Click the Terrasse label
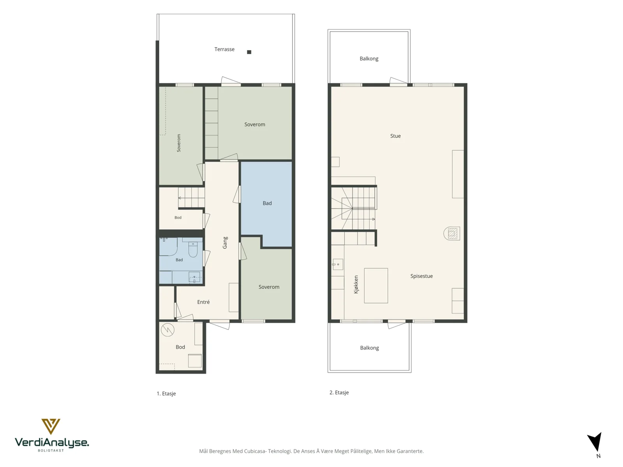[224, 49]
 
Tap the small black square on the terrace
[249, 52]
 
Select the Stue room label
[395, 136]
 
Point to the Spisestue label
[421, 276]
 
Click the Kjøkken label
[356, 284]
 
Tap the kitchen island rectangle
[376, 286]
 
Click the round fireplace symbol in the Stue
[452, 233]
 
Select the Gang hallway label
[225, 243]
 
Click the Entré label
[203, 302]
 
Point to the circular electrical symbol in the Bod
[167, 330]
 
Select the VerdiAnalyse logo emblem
[51, 427]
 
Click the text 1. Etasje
[166, 393]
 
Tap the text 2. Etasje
[339, 392]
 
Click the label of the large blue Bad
[267, 203]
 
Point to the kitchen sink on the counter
[338, 264]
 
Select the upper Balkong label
[369, 59]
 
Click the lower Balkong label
[369, 348]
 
